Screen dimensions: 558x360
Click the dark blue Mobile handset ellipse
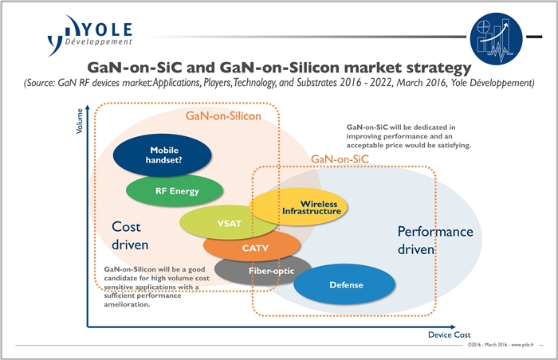[163, 155]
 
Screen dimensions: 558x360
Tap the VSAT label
[230, 223]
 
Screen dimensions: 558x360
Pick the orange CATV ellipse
[252, 248]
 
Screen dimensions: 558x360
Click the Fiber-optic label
[272, 271]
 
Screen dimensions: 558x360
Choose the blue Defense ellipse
[344, 284]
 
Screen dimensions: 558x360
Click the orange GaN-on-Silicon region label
[223, 116]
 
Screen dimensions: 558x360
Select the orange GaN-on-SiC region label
[340, 159]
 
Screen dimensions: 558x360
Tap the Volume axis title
[79, 121]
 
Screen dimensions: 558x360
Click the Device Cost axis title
[449, 335]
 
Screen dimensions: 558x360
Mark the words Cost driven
[130, 236]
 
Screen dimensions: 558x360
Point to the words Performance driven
[435, 240]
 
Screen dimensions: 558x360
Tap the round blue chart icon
[496, 38]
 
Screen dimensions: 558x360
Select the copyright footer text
[501, 345]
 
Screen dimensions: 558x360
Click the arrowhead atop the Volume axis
[88, 108]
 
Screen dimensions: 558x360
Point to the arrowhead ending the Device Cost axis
[452, 327]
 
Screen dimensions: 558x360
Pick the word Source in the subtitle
[39, 83]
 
